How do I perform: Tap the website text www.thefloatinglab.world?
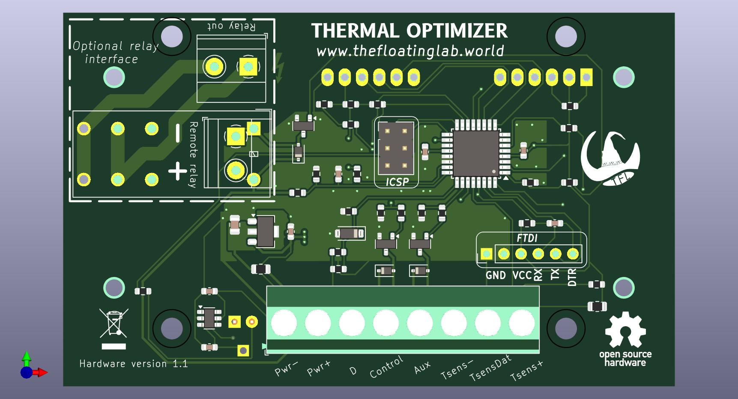(410, 51)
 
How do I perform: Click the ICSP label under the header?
(397, 182)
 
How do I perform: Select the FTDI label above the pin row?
(527, 238)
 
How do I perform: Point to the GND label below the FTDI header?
(496, 275)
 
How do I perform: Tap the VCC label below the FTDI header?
(522, 275)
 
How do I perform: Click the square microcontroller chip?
(475, 152)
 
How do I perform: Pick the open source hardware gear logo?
(625, 330)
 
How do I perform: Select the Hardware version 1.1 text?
(134, 364)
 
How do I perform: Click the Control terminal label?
(386, 367)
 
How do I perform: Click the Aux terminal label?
(422, 367)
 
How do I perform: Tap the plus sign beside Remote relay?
(177, 172)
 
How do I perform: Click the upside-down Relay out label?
(231, 26)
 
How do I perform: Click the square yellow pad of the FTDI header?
(486, 254)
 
